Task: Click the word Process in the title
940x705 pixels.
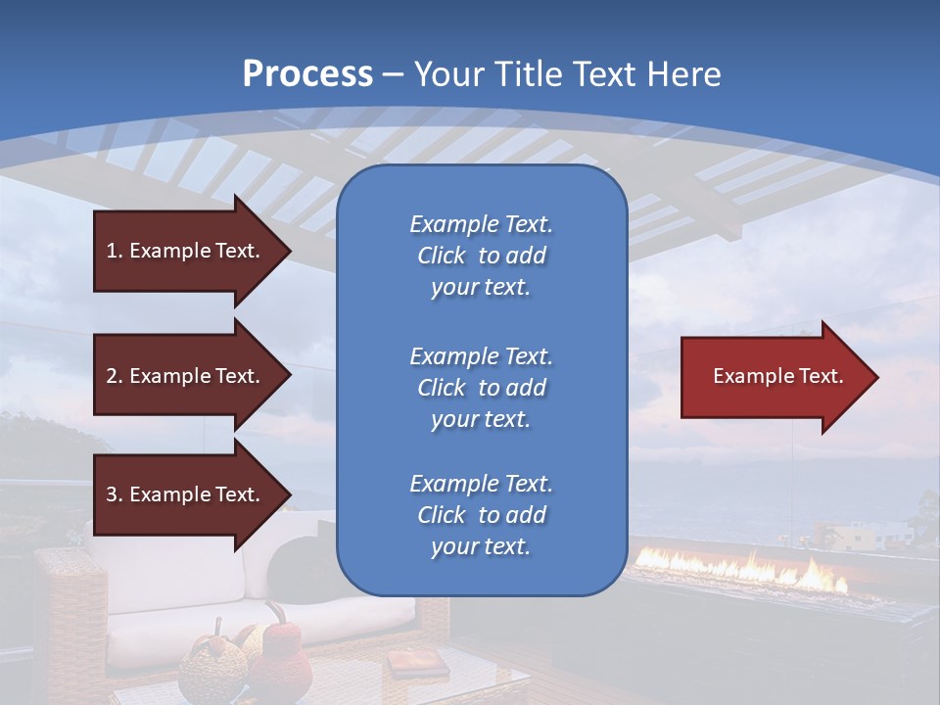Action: (x=307, y=74)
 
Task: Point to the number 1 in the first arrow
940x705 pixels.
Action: (x=113, y=251)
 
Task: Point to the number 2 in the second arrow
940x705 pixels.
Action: (x=113, y=376)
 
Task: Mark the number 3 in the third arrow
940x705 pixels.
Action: (x=113, y=494)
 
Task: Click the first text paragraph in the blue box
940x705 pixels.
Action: (x=481, y=256)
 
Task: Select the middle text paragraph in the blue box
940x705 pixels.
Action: (x=481, y=388)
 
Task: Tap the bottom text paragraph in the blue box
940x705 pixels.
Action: (x=481, y=515)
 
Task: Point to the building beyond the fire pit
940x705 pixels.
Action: (x=852, y=535)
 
